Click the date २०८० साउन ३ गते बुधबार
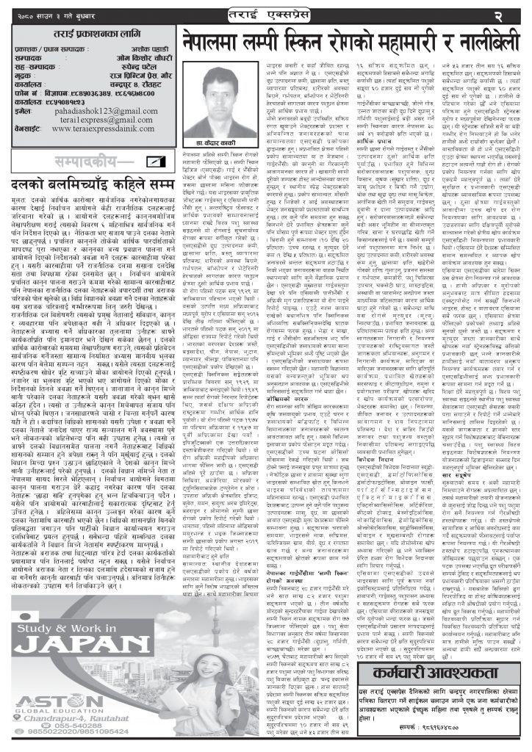tap(45, 12)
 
